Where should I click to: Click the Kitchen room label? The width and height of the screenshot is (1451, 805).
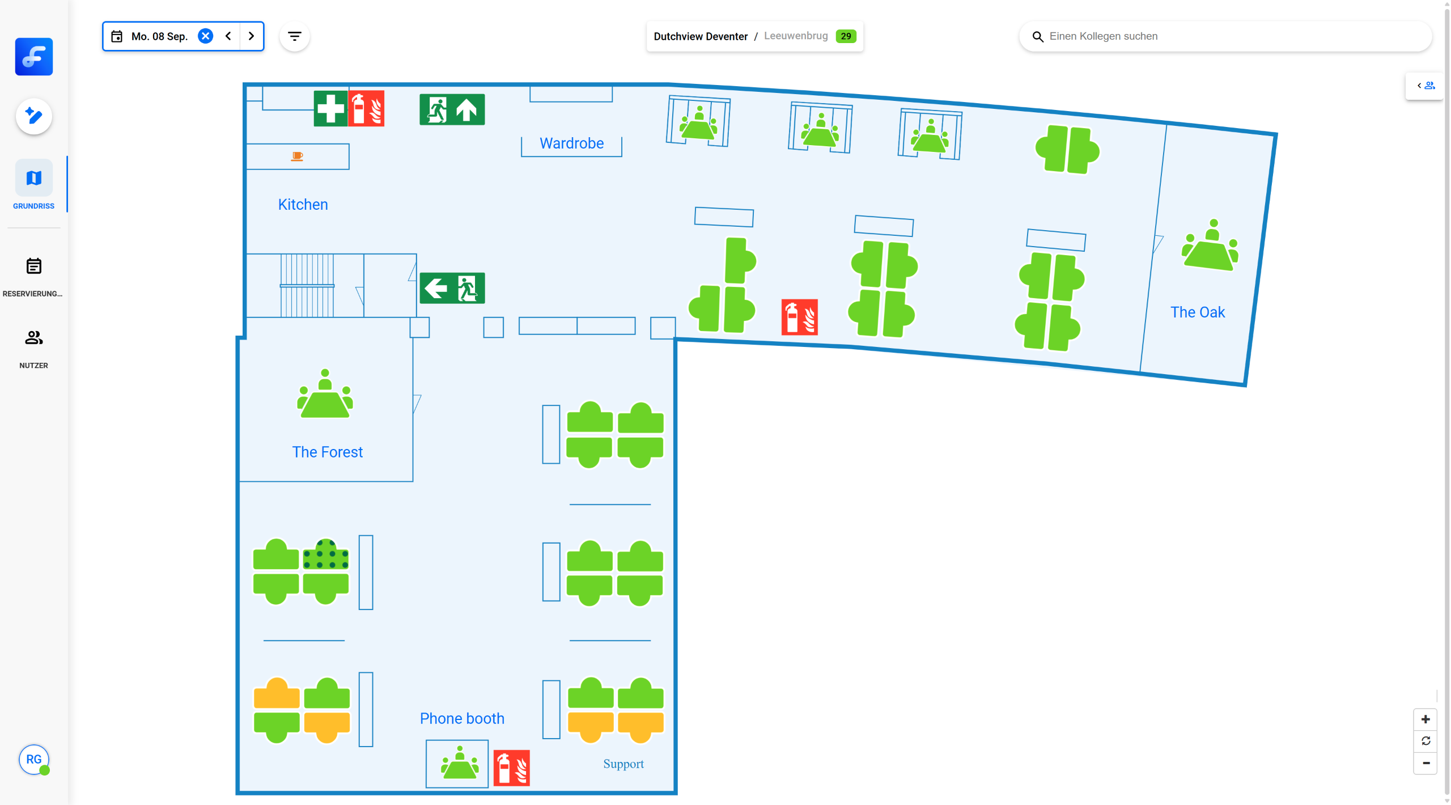pyautogui.click(x=303, y=205)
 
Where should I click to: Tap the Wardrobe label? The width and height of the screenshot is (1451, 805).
pyautogui.click(x=571, y=143)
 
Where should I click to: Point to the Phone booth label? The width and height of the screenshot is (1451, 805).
pyautogui.click(x=462, y=718)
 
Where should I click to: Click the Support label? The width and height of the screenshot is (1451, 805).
pyautogui.click(x=623, y=764)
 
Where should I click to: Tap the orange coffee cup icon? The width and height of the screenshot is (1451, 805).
pyautogui.click(x=297, y=156)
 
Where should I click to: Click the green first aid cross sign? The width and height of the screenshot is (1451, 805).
pyautogui.click(x=330, y=108)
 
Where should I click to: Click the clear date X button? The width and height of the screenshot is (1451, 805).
pyautogui.click(x=205, y=36)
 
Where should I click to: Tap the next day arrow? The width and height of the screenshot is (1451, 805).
pyautogui.click(x=251, y=36)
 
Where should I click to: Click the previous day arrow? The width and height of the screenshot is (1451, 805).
pyautogui.click(x=228, y=36)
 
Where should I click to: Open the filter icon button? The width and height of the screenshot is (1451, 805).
pyautogui.click(x=295, y=36)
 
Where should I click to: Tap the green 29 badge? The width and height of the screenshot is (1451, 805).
pyautogui.click(x=845, y=36)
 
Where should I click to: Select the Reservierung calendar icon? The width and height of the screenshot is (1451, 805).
pyautogui.click(x=34, y=266)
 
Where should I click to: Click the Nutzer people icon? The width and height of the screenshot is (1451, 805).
pyautogui.click(x=34, y=338)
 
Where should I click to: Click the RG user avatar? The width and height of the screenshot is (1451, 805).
pyautogui.click(x=34, y=759)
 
